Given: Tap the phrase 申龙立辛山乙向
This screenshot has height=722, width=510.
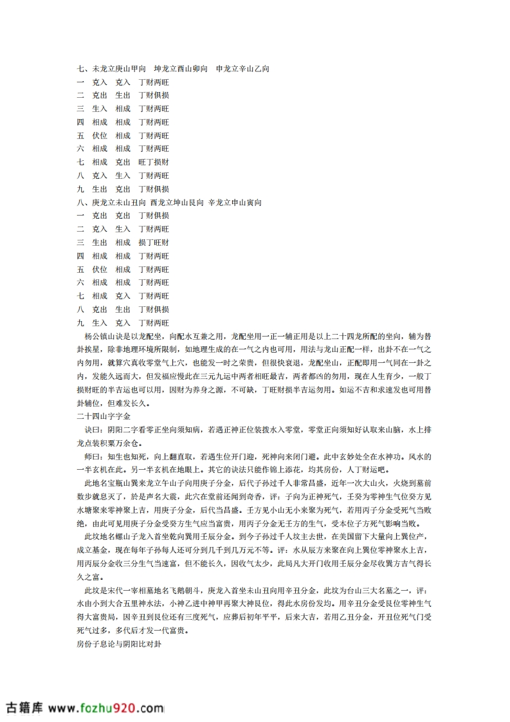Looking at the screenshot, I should point(242,69).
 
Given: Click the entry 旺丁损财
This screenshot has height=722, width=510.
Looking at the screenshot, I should point(154,162).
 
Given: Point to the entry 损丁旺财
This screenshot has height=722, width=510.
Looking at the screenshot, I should point(154,243).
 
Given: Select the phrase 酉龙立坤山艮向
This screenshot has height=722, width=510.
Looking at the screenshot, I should point(176,203).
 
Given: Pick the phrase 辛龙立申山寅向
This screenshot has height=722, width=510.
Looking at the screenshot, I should point(235,203).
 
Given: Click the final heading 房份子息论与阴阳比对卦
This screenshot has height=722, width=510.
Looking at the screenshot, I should point(118,644).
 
